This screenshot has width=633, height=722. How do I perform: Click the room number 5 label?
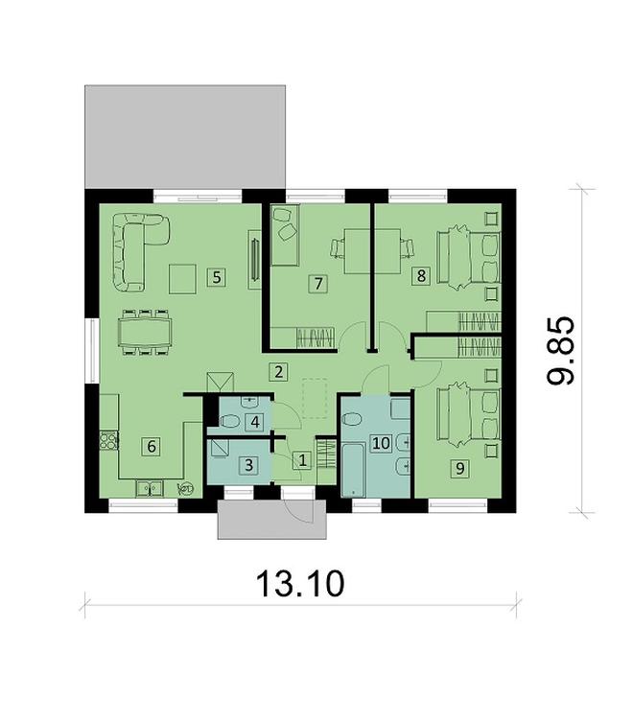(x=217, y=277)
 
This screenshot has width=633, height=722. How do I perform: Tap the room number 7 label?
(x=315, y=283)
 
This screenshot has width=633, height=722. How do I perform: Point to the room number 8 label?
(x=419, y=277)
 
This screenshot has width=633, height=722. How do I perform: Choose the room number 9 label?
(x=460, y=467)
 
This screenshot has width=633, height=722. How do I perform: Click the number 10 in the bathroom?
(x=381, y=443)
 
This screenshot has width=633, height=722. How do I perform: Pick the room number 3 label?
(x=248, y=465)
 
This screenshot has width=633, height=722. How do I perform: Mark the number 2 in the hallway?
(x=276, y=371)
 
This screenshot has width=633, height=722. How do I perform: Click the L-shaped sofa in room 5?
(x=134, y=247)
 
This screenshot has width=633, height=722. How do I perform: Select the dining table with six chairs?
(x=146, y=332)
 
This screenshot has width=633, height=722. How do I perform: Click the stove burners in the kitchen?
(x=108, y=442)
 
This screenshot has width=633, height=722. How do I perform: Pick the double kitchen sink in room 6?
(x=149, y=488)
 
